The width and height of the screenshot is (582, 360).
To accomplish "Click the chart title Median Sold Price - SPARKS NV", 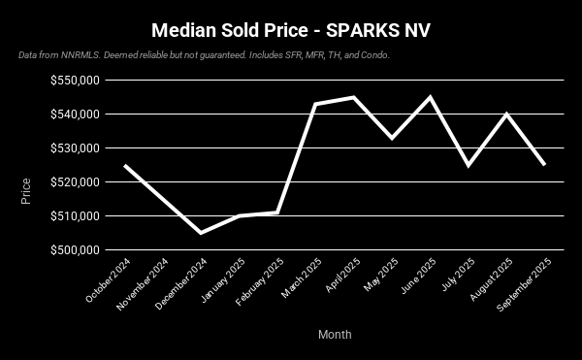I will click(291, 30).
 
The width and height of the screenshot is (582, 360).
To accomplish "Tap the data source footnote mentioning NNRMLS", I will click(204, 55).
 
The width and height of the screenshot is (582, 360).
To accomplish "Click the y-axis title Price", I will click(26, 190).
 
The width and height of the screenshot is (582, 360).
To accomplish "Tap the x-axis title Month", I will click(335, 335).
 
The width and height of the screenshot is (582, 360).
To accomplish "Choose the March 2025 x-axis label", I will click(301, 279).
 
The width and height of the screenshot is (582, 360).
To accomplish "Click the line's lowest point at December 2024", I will click(201, 233).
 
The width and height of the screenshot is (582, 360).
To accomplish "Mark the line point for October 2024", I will click(124, 165).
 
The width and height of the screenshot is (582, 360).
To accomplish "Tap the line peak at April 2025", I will click(354, 97).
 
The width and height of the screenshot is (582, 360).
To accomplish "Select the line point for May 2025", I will click(392, 138).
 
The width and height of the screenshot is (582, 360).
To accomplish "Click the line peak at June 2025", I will click(431, 97).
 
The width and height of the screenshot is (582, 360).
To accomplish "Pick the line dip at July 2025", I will click(469, 165).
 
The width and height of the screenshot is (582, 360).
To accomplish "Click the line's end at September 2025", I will click(544, 165).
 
